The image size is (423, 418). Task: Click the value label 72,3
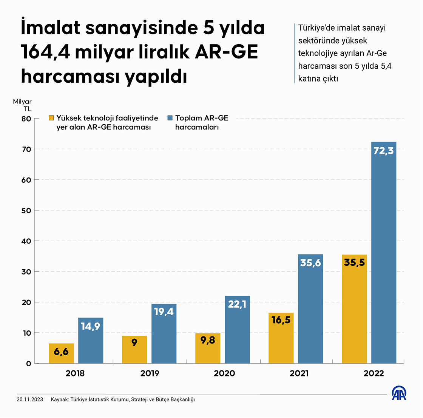pos(383,151)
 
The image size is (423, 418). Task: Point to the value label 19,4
pos(164,312)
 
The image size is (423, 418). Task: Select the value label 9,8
pos(208,340)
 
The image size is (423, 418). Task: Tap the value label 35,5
pos(354,262)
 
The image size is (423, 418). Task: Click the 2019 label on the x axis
pos(150,373)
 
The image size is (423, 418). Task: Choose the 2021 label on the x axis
pos(299,373)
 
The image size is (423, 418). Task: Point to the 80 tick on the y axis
pos(26,119)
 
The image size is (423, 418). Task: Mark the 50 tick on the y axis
pos(26,210)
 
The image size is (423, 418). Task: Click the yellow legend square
pos(51,118)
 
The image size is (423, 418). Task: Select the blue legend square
pos(170,118)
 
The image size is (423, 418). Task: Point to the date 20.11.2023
pos(30,399)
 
